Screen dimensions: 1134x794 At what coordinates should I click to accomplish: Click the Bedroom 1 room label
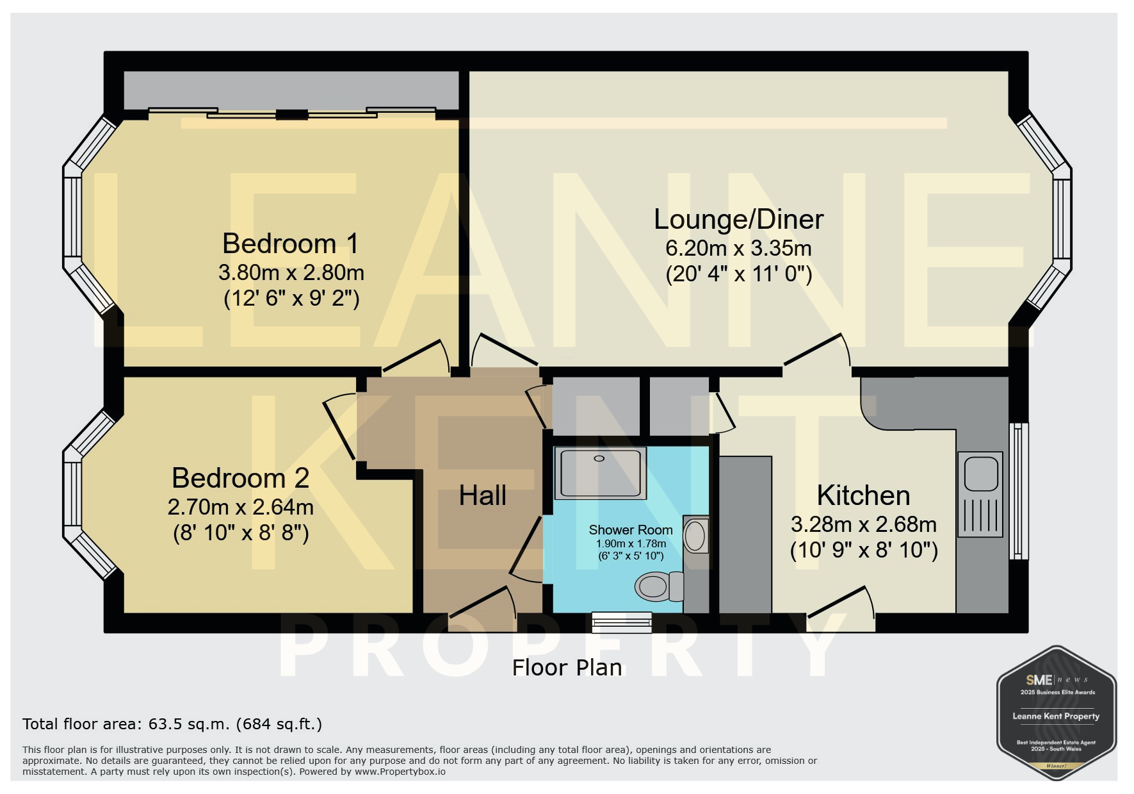290,244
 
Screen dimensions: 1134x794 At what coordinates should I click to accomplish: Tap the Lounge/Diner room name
738,219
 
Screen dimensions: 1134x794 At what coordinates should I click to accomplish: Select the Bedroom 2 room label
240,478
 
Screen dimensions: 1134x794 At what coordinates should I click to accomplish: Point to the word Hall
483,495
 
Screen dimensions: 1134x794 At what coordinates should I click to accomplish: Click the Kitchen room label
863,495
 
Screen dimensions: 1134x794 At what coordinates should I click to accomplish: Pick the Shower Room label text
631,530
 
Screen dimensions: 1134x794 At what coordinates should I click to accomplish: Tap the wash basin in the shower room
695,534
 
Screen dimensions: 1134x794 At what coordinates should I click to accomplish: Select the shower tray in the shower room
601,473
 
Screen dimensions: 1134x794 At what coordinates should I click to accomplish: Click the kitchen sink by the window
980,494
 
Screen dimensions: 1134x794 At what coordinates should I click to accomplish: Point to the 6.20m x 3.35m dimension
738,248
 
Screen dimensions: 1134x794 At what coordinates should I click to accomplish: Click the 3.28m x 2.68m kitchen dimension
863,524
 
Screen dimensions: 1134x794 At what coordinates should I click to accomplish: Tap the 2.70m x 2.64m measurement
240,507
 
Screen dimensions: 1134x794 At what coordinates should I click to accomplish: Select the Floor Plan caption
567,668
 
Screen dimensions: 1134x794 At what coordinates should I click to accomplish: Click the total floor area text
172,724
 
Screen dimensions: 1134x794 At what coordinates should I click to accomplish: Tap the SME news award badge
1057,713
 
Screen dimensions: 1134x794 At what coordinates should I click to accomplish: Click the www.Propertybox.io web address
400,772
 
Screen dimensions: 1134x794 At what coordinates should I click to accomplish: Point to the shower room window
621,622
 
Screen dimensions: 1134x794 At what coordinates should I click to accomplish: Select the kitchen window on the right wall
1019,491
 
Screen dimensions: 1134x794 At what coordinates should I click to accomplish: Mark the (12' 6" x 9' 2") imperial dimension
291,299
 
